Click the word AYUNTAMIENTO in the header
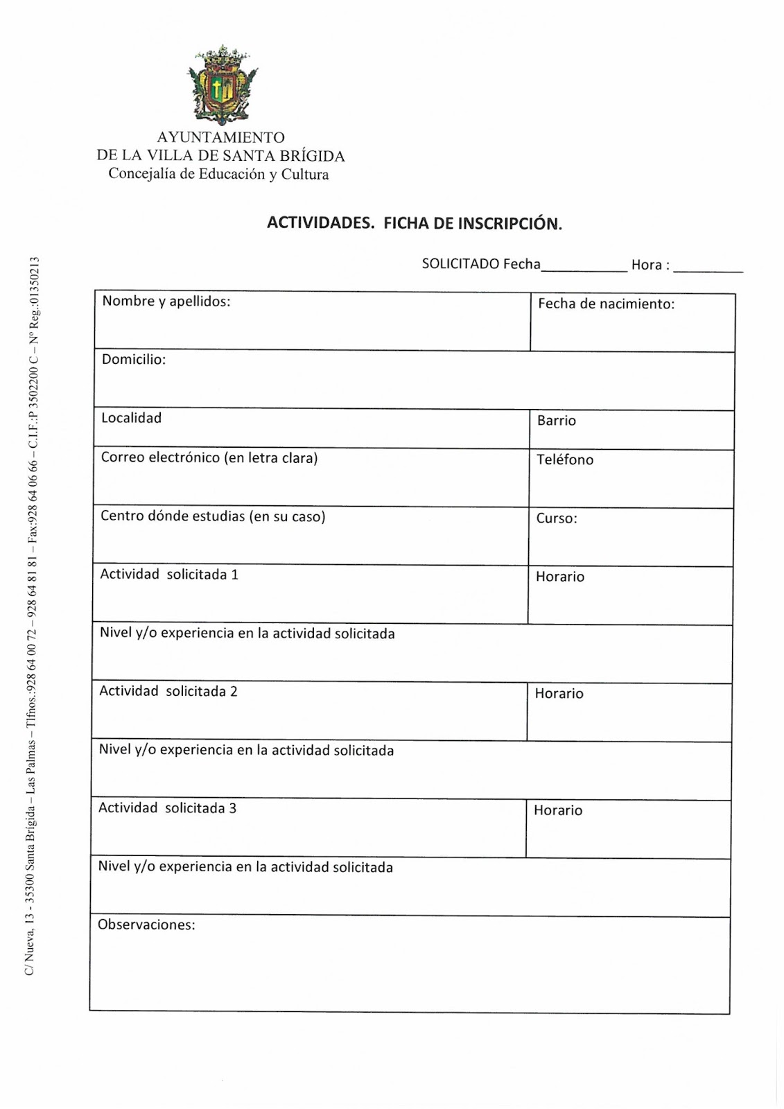coord(220,137)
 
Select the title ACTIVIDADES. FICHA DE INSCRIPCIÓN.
coord(414,223)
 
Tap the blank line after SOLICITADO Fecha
coord(584,268)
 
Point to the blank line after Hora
coord(708,268)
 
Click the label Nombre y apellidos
coord(166,301)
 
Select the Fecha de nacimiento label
coord(606,304)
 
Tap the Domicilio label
coord(134,359)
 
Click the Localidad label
coord(131,418)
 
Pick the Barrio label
coord(556,421)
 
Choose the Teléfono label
coord(564,460)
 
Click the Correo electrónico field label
coord(209,457)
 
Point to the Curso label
coord(556,518)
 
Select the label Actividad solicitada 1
coord(169,575)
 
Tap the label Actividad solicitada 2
coord(168,691)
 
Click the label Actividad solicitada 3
coord(167,808)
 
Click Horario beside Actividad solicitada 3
coord(557,810)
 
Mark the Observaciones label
coord(146,925)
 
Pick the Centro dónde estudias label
coord(213,516)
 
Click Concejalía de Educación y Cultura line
coord(218,174)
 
